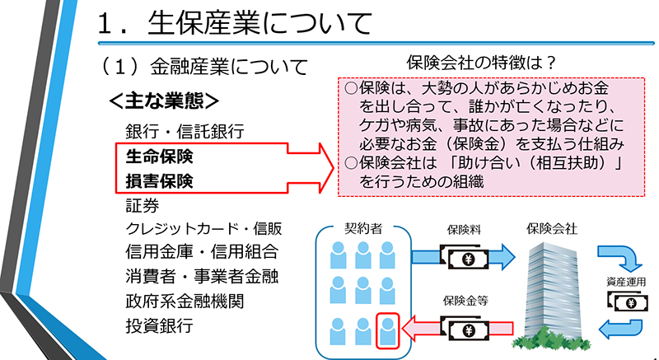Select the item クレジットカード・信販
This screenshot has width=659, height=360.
point(201,228)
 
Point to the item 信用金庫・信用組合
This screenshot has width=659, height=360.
point(201,252)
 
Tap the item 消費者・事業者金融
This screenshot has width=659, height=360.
point(201,277)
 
